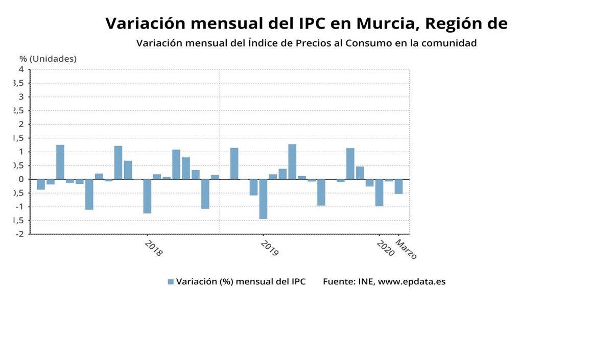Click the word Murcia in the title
pos(383,23)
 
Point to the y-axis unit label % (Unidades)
pos(48,59)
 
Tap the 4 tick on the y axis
pos(21,69)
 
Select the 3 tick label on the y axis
pos(21,97)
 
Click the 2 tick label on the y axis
pos(21,124)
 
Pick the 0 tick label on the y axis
pos(21,179)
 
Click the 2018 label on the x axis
pos(153,248)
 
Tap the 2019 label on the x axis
pos(269,248)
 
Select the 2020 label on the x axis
pos(385,248)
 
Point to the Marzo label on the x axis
pos(407,250)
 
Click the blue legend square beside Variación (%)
pos(171,282)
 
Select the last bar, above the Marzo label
pos(398,186)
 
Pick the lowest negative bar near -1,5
pos(263,199)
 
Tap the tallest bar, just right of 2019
pos(292,162)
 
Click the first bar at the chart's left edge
pos(41,184)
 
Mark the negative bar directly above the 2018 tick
pos(147,196)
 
